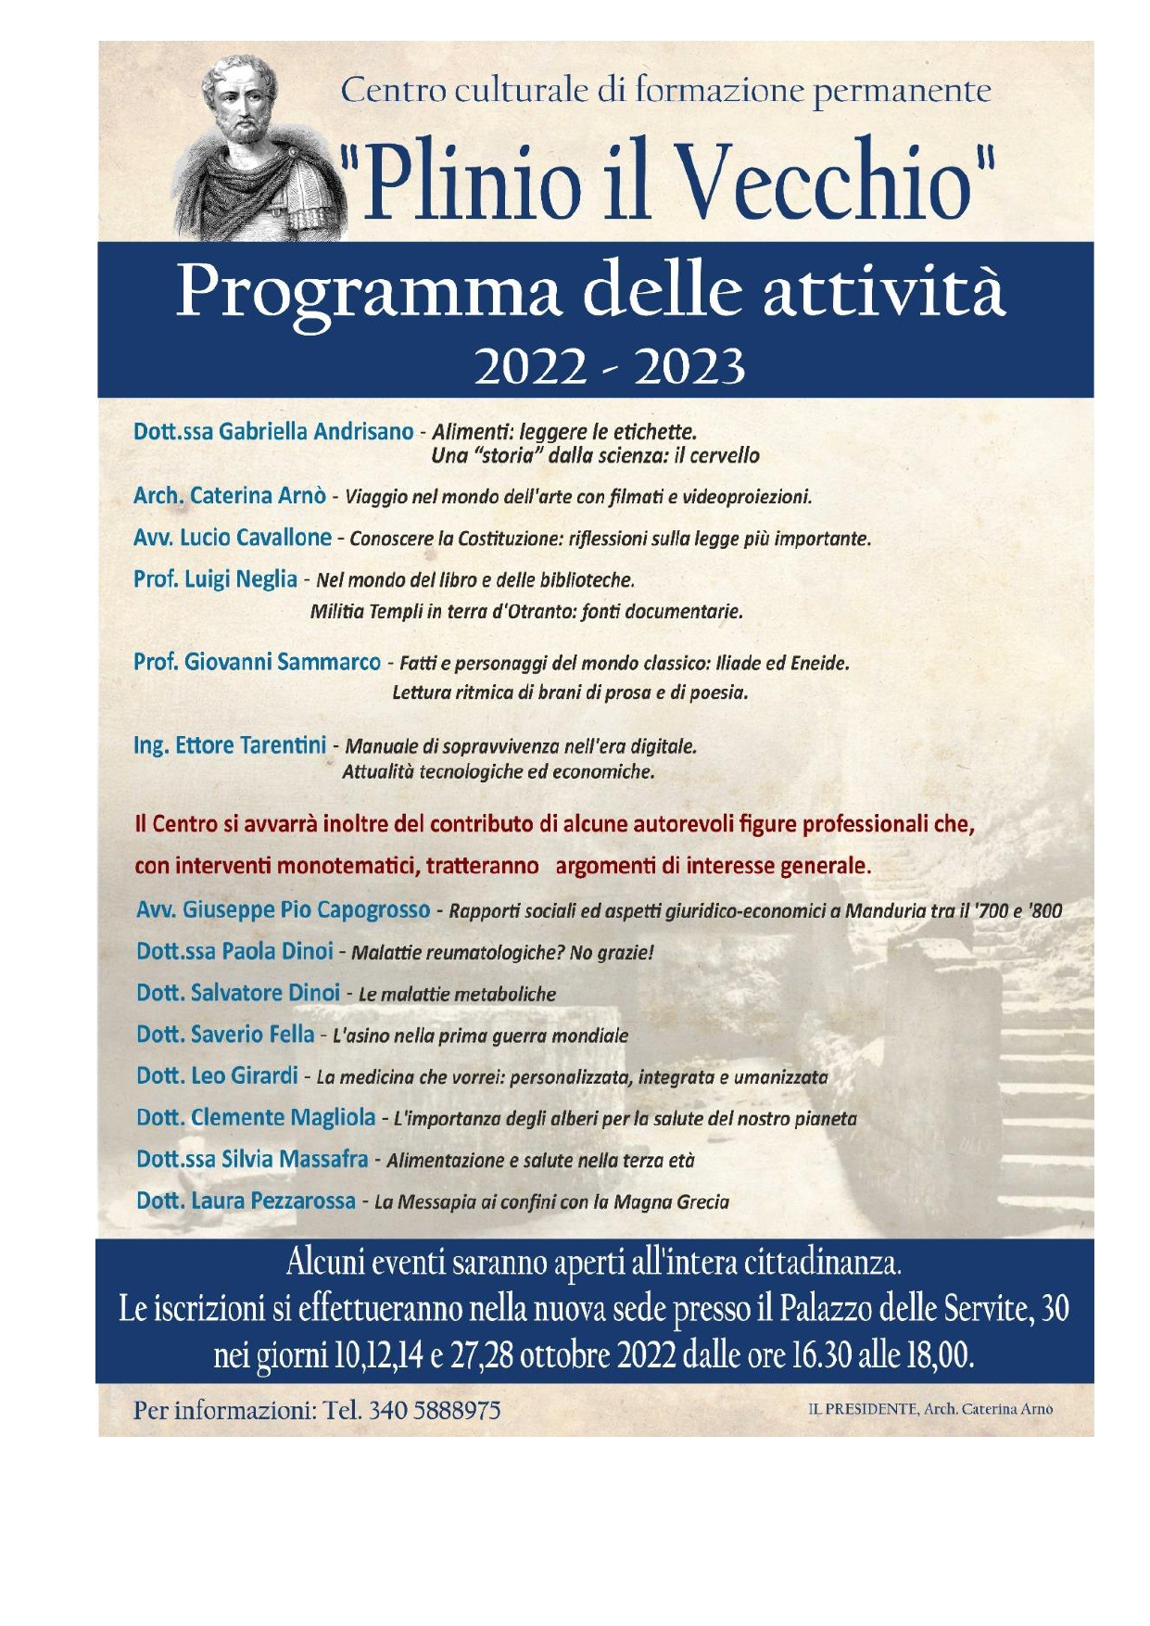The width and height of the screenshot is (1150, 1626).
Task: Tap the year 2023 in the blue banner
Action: tap(690, 368)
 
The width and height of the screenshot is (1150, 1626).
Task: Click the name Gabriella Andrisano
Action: tap(316, 432)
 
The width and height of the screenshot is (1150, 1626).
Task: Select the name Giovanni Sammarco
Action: tap(283, 662)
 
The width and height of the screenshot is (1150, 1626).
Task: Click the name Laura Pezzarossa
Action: tap(273, 1201)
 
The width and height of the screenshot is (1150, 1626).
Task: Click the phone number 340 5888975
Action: tap(435, 1410)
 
